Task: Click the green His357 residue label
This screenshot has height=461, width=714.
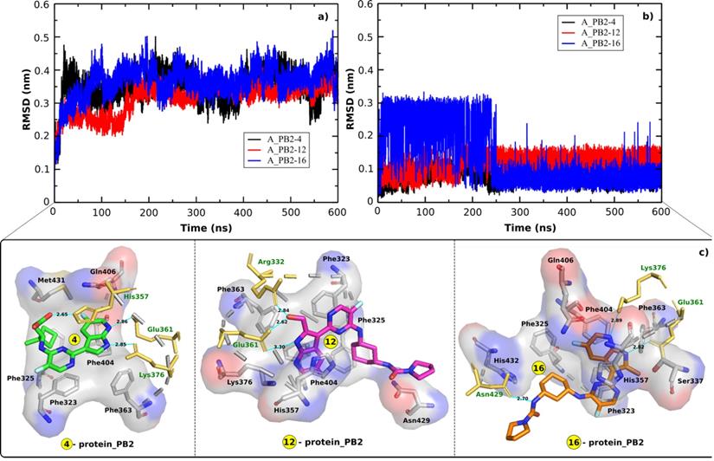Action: [x=135, y=296]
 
